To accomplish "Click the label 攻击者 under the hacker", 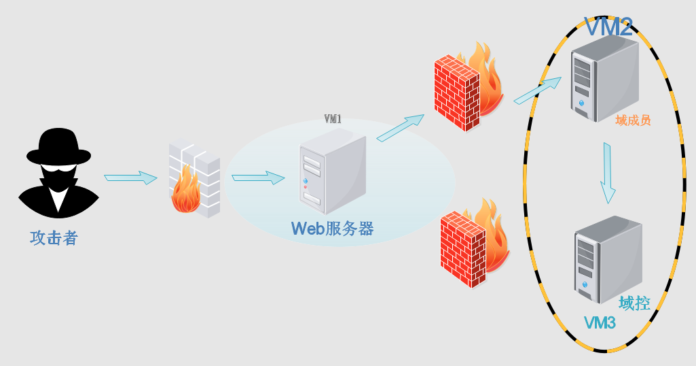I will pos(54,238).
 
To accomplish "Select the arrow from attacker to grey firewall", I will pos(130,178).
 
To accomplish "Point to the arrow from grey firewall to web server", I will pos(258,178).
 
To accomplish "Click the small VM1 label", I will pos(333,119).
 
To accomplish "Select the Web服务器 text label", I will pos(332,228).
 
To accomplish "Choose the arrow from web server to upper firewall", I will pos(400,128).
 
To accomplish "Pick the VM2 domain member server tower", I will pos(603,78).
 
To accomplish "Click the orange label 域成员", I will pos(633,120).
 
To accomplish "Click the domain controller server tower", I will pos(607,259).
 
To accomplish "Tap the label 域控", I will pos(634,303).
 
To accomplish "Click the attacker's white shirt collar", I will pos(59,197).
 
